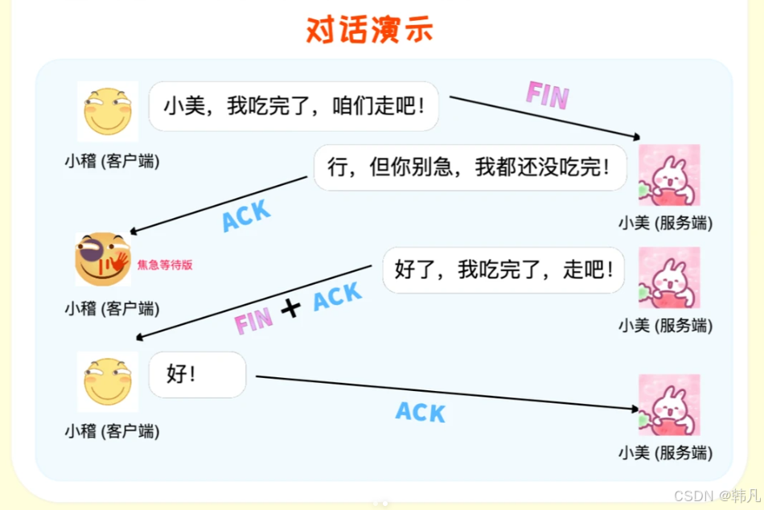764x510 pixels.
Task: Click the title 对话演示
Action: click(369, 30)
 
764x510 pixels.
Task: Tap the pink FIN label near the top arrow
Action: click(547, 95)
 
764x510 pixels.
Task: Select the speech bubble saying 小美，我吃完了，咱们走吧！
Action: click(294, 105)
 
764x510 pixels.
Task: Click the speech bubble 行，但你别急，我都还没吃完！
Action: click(470, 167)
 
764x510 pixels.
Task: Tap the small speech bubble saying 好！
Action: click(197, 374)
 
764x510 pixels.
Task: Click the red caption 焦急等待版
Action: click(165, 264)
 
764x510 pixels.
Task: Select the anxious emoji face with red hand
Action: click(102, 259)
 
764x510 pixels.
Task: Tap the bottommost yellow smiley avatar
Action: click(108, 381)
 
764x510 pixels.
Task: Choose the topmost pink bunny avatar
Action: click(669, 175)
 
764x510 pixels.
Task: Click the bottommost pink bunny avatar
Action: click(669, 405)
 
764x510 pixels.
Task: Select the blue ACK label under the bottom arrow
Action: click(421, 413)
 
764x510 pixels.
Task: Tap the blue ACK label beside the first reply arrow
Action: click(246, 216)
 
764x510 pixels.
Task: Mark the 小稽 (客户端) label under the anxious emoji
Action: click(112, 308)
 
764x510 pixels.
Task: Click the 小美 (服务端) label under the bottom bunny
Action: click(665, 452)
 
